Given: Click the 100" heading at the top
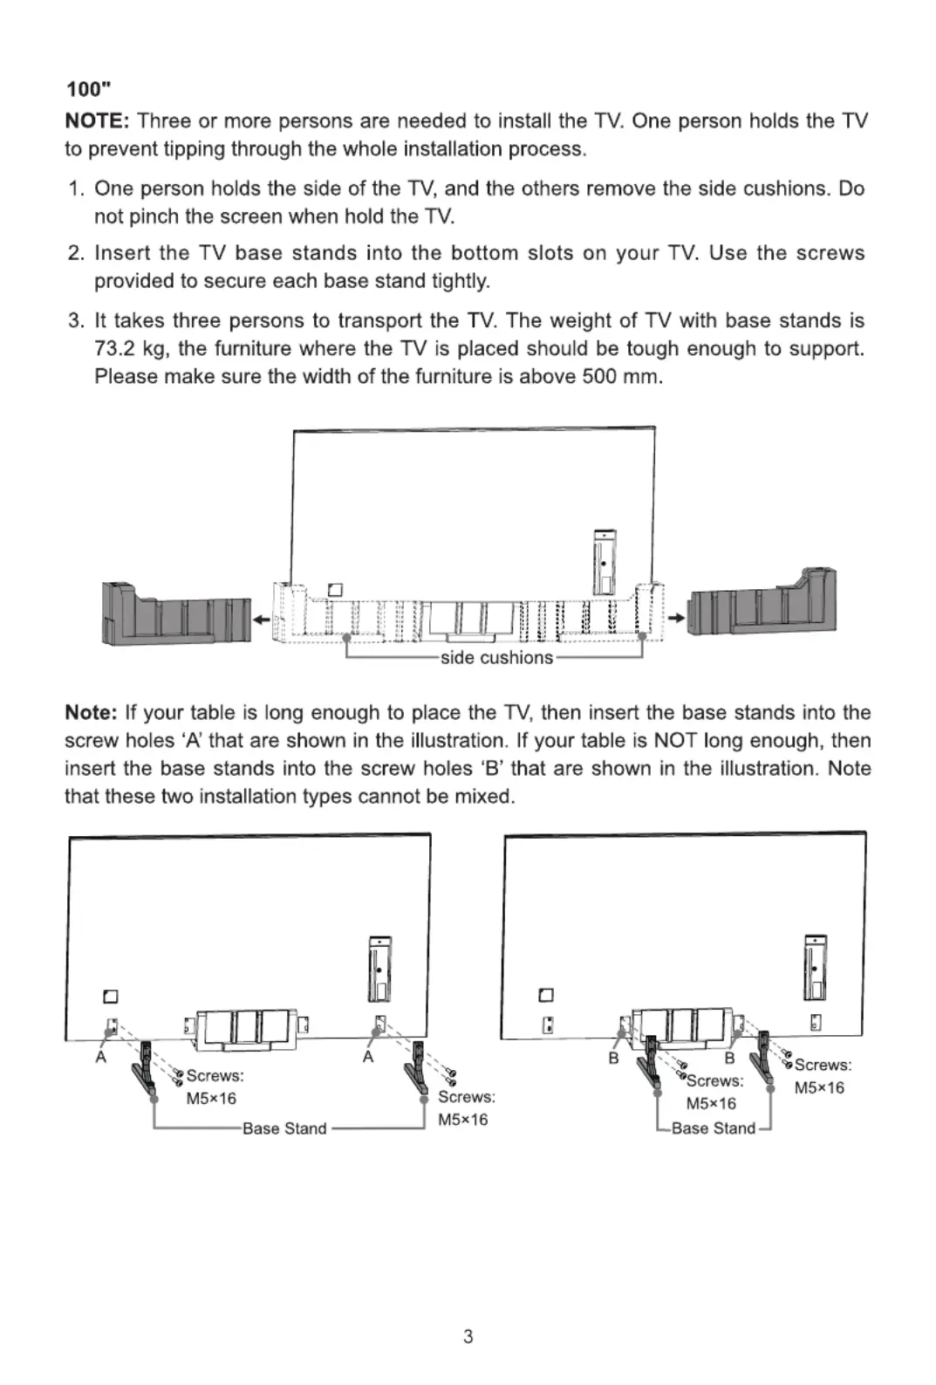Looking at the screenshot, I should pos(88,89).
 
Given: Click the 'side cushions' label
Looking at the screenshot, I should pos(495,658).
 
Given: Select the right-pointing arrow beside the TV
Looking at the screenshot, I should pos(675,618).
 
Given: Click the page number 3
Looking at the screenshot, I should pos(468,1336).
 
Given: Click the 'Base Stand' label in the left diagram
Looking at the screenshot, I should pos(284,1128).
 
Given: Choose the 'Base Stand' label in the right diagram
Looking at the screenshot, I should pos(713,1128).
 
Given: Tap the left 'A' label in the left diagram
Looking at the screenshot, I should pos(101,1057).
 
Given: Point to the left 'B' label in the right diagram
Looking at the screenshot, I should pos(613,1058).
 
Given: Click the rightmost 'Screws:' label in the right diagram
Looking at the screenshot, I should pos(823,1065).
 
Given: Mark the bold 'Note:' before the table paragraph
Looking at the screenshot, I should pos(91,713).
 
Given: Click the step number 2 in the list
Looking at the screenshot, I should pos(76,253).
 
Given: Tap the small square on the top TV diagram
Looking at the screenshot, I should pos(335,590).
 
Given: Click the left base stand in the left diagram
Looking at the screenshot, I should pos(144,1068).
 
